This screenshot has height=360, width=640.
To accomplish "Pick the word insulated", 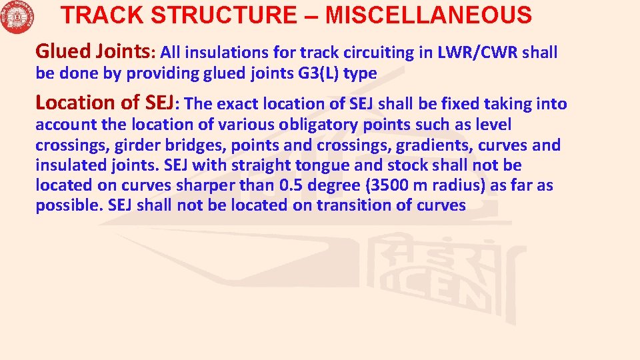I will click(67, 165).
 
